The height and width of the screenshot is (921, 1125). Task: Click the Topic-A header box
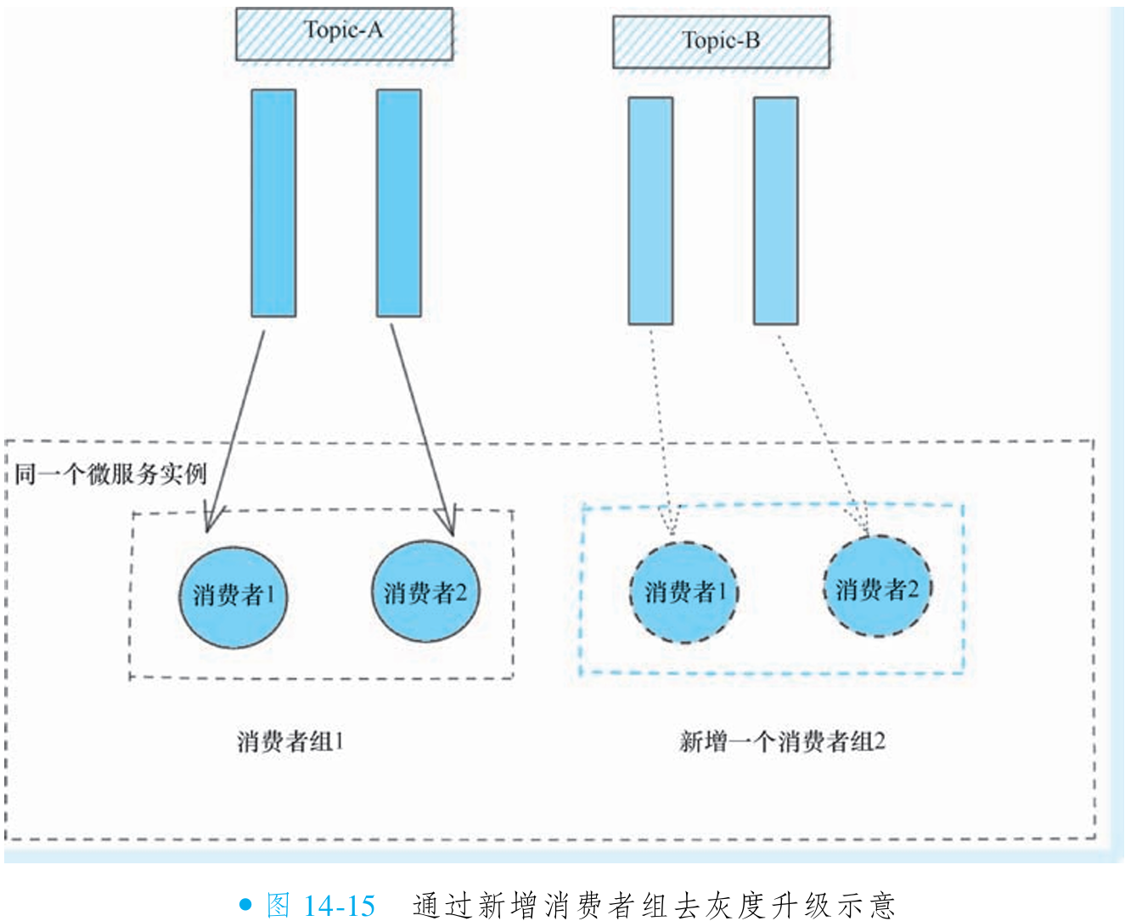344,35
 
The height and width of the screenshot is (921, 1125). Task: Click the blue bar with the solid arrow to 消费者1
273,203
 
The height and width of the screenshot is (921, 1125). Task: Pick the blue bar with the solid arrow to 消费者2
398,203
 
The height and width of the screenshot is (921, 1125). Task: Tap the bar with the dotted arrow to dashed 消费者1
650,211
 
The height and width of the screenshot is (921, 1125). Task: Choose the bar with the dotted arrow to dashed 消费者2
775,211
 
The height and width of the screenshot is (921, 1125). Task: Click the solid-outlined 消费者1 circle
233,595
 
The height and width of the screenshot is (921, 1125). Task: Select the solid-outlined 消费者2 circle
425,592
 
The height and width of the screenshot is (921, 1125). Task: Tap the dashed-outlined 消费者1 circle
684,592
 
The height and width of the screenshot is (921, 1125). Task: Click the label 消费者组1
290,742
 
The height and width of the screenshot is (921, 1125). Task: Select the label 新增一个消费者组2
782,742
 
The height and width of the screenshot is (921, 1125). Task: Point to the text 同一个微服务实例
110,474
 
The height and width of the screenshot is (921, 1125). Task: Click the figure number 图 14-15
321,905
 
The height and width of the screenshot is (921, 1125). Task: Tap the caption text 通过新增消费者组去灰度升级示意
654,905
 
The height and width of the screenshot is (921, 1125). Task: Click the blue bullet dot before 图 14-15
245,905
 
